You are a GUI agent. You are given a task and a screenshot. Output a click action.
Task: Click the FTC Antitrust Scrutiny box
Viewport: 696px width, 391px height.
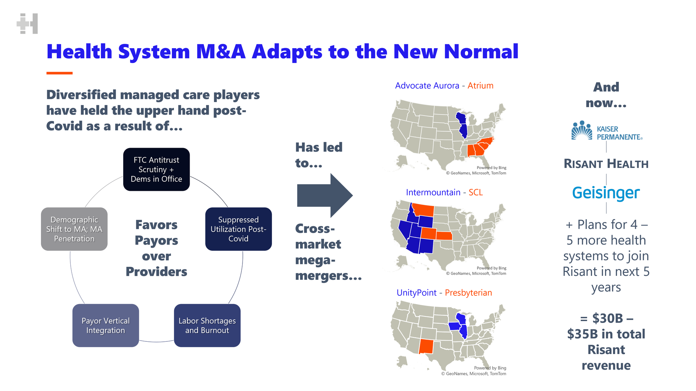(x=156, y=169)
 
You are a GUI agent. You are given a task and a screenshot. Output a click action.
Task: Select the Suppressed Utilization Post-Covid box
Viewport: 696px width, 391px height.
(x=239, y=229)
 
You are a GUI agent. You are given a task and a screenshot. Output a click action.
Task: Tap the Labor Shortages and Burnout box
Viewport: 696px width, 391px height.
(x=207, y=325)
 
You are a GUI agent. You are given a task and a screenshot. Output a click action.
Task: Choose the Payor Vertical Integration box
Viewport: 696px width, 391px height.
(x=105, y=325)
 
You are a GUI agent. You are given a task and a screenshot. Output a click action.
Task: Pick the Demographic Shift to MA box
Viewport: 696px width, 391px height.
(x=74, y=229)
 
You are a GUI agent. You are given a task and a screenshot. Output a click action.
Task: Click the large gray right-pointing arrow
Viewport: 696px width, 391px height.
(x=325, y=195)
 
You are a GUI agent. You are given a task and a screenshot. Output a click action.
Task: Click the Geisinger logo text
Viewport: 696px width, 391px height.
(x=606, y=193)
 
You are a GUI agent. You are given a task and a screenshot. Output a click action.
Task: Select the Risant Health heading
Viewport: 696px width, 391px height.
(x=606, y=164)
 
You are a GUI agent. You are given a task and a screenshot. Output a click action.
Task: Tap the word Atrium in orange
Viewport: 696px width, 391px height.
(x=480, y=86)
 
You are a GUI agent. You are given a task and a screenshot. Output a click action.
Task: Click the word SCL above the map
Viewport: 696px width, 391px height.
(x=476, y=192)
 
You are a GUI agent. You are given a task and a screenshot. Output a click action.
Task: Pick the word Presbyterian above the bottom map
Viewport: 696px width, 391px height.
(x=468, y=293)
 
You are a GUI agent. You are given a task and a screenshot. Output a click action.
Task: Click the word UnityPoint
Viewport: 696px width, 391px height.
(x=417, y=293)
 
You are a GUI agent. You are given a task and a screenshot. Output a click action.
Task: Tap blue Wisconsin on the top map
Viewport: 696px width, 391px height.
(x=461, y=119)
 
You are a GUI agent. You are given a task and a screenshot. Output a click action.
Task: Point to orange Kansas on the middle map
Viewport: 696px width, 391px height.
(x=444, y=236)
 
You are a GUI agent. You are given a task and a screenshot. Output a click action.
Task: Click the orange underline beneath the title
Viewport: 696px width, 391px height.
(x=59, y=73)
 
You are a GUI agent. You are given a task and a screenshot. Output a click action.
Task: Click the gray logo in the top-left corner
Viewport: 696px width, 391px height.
(x=27, y=24)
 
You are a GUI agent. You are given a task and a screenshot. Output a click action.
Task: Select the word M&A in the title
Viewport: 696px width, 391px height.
(x=221, y=51)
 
